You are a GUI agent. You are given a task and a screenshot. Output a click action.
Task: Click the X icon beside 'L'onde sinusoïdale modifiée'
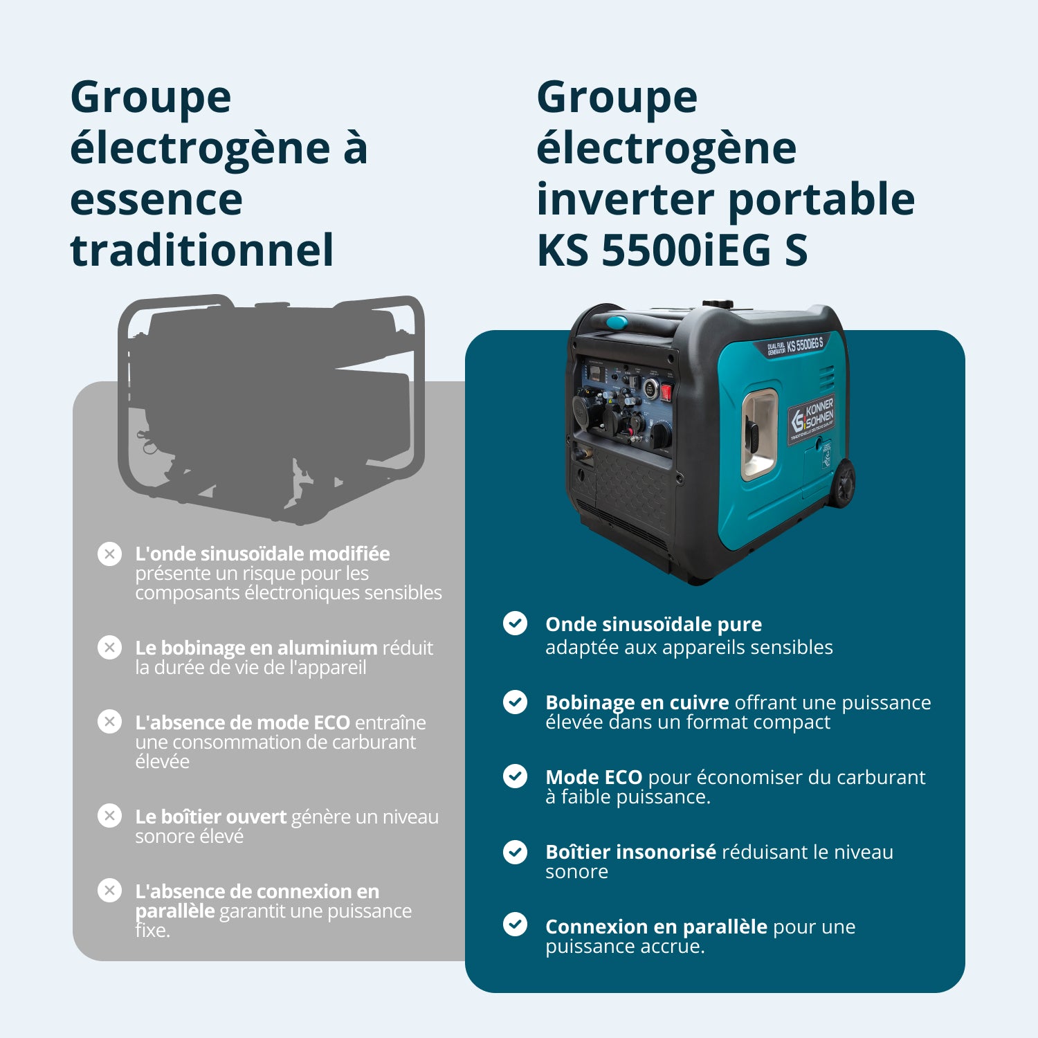coord(109,554)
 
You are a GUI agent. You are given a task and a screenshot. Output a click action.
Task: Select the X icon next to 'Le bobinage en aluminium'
coord(109,648)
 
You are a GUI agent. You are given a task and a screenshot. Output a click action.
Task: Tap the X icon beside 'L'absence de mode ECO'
coord(109,722)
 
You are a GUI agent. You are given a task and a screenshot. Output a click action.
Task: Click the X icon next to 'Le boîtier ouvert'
coord(109,816)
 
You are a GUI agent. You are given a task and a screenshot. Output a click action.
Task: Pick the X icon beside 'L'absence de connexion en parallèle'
coord(109,890)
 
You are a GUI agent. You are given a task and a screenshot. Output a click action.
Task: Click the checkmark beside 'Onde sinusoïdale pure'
coord(515,623)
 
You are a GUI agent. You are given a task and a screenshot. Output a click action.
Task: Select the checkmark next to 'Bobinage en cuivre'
coord(515,702)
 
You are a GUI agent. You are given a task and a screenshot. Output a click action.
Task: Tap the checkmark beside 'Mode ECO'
coord(515,776)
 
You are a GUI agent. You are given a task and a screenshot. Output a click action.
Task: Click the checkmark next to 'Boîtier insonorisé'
coord(515,851)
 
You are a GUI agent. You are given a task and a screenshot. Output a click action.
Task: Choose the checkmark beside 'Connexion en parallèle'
coord(515,925)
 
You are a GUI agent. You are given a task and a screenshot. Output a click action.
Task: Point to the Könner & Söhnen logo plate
coord(812,417)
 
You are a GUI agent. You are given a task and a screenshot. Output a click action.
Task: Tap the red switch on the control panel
coord(666,392)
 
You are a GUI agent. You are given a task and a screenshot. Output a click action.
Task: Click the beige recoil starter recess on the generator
coord(760,435)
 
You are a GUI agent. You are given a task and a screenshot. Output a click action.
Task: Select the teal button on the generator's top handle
coord(616,322)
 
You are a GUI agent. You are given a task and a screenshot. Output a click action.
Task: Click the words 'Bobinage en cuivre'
coord(637,702)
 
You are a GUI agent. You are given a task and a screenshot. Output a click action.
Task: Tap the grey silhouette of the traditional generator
coord(270,408)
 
